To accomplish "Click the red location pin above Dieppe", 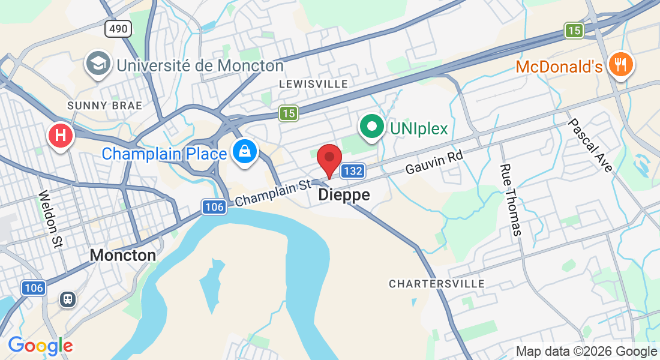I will [x=329, y=159].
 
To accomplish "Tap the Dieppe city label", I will [x=344, y=195].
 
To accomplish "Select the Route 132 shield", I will [x=353, y=171].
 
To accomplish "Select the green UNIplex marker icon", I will [x=371, y=127].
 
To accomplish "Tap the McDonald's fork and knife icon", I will [x=620, y=64].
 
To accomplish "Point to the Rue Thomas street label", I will [x=511, y=199].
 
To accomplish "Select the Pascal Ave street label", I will [x=590, y=145].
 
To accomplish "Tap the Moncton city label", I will [x=123, y=255].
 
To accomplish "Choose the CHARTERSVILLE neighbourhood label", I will [x=436, y=283].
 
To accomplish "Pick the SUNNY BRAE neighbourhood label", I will [x=104, y=106].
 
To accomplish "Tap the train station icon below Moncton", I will [x=67, y=299].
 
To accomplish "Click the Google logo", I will [x=40, y=346].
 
